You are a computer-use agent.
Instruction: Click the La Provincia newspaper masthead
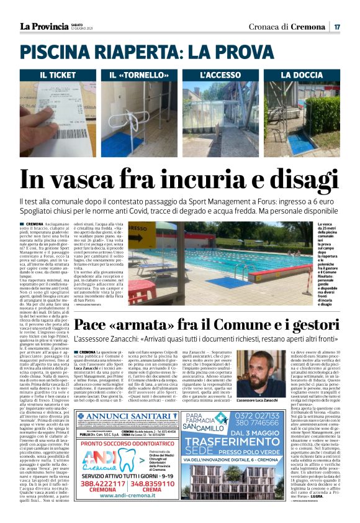coord(43,26)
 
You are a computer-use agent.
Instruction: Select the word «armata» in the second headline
coord(140,325)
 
